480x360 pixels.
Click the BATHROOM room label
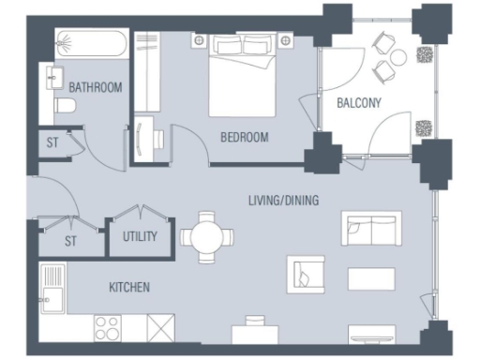(x=96, y=88)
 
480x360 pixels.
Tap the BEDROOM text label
(x=244, y=137)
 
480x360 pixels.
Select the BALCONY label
(x=359, y=103)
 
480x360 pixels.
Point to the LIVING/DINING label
(x=283, y=200)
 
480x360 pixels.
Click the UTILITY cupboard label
(x=140, y=237)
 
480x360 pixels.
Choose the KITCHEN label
(x=128, y=287)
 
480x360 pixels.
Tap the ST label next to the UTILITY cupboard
(x=70, y=241)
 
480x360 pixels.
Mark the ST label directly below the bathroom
(x=51, y=143)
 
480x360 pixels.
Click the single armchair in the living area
(x=307, y=274)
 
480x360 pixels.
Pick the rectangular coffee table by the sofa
(x=372, y=278)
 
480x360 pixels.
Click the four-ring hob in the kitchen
(x=108, y=327)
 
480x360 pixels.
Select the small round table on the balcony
(x=397, y=57)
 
